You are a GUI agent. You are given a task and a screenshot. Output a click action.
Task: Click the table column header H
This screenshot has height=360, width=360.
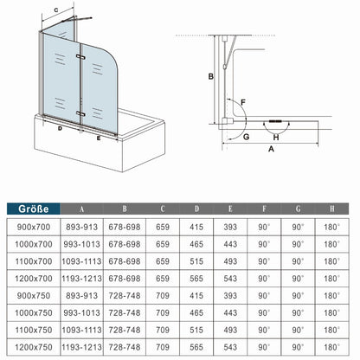click(328, 208)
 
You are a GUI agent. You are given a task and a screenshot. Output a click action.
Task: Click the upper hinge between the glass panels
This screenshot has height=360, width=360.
click(79, 55)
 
